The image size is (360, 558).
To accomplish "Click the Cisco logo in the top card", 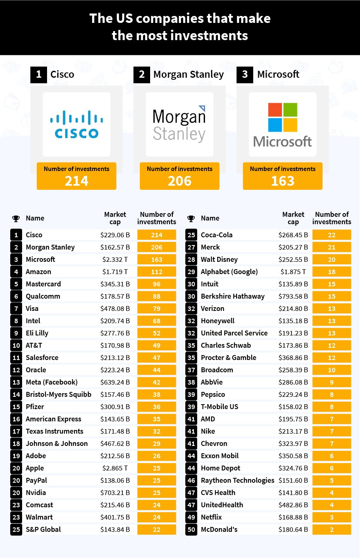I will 76,124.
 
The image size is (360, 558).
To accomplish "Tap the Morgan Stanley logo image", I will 179,124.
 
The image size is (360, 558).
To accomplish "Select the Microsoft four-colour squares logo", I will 282,117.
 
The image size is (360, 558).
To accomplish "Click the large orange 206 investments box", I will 180,176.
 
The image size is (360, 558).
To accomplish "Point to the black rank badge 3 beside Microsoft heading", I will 245,74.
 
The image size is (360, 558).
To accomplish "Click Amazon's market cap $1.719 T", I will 116,272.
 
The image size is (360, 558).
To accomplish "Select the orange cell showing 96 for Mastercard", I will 157,284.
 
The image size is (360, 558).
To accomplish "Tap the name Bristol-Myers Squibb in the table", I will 59,394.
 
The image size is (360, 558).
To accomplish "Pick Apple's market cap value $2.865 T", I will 116,468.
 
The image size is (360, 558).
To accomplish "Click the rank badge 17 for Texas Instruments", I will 16,431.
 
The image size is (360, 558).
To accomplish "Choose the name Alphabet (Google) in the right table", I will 229,272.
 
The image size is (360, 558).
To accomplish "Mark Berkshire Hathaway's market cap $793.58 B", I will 293,296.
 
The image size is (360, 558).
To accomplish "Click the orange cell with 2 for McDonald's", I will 331,529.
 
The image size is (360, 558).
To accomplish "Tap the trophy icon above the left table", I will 16,218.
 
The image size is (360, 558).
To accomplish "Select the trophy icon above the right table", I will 191,218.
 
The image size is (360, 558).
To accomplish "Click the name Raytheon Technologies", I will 237,480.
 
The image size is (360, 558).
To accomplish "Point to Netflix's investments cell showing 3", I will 331,517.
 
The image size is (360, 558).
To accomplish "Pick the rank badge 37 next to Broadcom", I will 191,370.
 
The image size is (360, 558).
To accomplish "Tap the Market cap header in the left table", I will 115,218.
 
